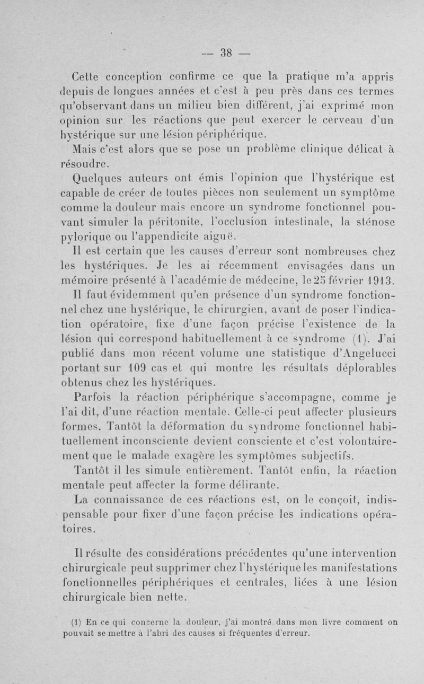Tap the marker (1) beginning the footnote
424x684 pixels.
point(74,622)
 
